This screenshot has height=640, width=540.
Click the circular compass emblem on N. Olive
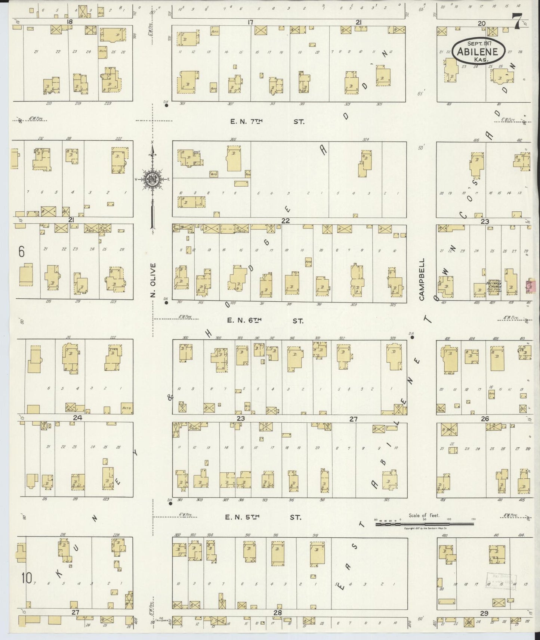pos(152,179)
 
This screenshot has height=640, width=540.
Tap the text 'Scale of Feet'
pos(424,515)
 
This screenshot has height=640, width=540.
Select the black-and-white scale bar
pos(424,524)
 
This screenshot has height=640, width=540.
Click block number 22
pos(286,221)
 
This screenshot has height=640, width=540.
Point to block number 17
pos(250,22)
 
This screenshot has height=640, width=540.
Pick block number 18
pos(69,22)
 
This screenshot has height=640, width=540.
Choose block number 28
pos(277,613)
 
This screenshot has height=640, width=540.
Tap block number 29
pos(484,613)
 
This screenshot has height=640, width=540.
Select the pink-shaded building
pos(529,286)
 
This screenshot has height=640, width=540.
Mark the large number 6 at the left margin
pos(21,252)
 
